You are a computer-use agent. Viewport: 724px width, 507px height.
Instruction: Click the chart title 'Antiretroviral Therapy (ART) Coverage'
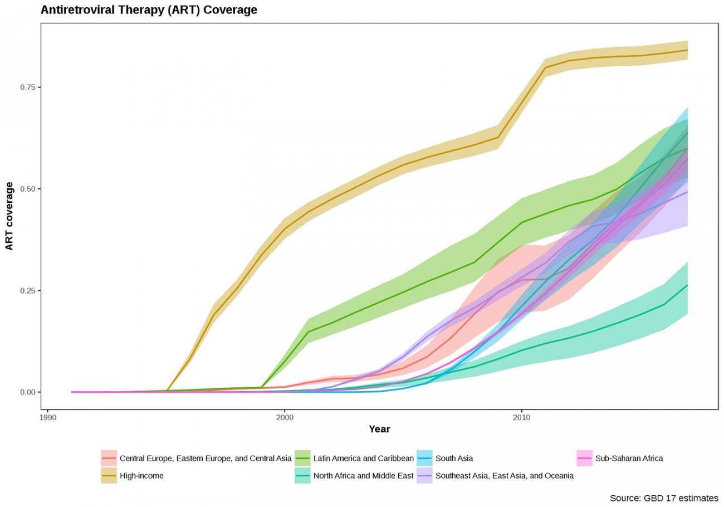click(x=149, y=10)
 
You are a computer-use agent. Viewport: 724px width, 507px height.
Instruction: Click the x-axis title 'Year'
click(x=379, y=429)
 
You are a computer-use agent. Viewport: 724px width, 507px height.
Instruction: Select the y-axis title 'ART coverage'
click(x=9, y=216)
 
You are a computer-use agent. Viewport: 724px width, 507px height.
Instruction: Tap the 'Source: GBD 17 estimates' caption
click(x=664, y=498)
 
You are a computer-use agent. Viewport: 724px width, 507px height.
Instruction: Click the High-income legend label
click(x=141, y=476)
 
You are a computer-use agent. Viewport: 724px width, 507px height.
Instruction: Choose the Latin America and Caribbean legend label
click(x=363, y=459)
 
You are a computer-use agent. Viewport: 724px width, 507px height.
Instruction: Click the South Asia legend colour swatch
click(x=424, y=459)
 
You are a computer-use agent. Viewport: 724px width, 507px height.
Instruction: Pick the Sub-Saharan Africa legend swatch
click(x=584, y=459)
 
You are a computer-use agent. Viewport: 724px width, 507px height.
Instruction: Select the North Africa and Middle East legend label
click(x=363, y=476)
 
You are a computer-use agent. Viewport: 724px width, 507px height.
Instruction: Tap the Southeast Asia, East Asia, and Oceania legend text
click(x=504, y=476)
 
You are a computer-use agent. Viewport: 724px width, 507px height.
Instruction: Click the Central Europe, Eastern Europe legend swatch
click(x=109, y=459)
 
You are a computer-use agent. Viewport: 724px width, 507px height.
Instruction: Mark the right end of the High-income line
click(x=687, y=50)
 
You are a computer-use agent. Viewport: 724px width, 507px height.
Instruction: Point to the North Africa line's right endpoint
click(x=687, y=285)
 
